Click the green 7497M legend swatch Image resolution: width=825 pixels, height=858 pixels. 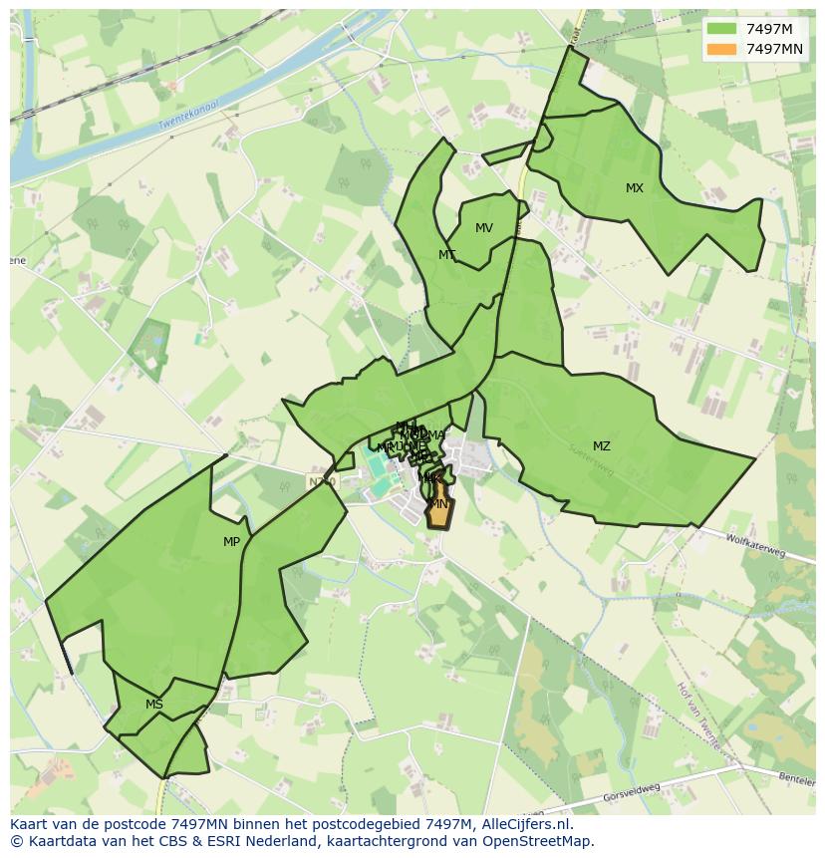[x=722, y=29]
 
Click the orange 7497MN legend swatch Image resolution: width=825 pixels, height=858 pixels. [x=722, y=49]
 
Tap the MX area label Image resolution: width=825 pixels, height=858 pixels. [x=635, y=188]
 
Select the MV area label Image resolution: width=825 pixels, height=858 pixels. [x=484, y=228]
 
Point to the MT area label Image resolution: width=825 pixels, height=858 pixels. [x=447, y=255]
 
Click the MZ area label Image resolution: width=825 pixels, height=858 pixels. [x=602, y=446]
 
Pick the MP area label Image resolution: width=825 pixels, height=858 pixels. [x=232, y=542]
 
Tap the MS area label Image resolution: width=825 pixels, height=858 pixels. [x=154, y=705]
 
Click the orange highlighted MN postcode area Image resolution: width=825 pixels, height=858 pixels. [x=439, y=510]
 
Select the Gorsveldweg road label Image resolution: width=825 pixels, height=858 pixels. [x=632, y=793]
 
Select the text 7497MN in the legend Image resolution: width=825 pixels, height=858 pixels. [x=775, y=49]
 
